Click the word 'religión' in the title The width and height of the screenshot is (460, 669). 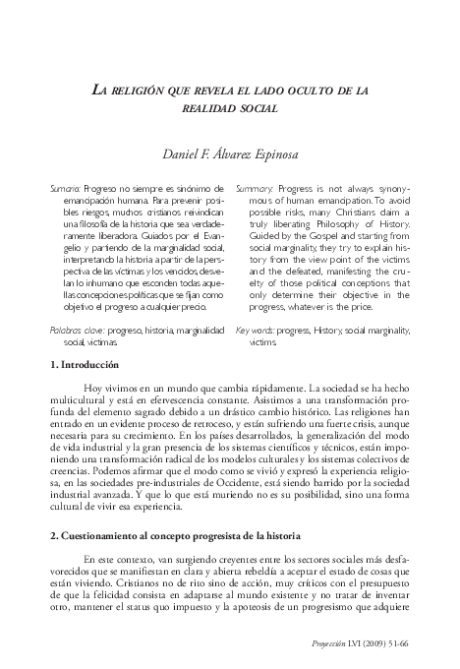(150, 90)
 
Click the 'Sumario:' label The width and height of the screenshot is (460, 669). (67, 187)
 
